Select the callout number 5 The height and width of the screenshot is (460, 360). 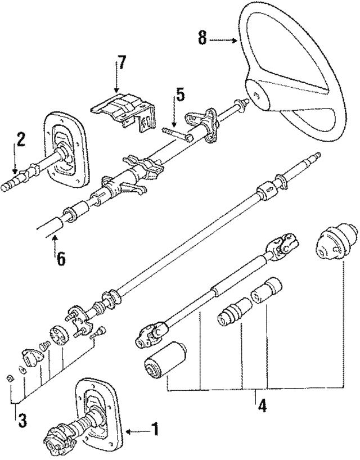click(x=178, y=94)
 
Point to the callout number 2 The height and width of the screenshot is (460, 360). click(x=20, y=139)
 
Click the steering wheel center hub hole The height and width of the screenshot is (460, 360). click(x=257, y=96)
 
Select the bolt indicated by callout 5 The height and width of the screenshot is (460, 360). click(x=177, y=134)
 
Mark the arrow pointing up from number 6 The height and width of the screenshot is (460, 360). click(x=55, y=243)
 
